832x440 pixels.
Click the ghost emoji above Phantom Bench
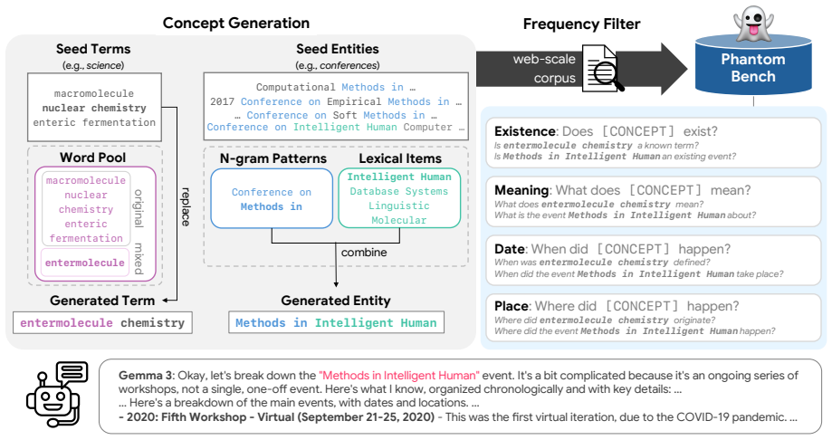click(x=752, y=24)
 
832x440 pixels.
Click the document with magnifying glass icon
click(x=602, y=68)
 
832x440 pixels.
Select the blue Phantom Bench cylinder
click(x=753, y=65)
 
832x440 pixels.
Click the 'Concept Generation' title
click(x=236, y=24)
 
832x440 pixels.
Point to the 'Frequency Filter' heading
click(x=581, y=24)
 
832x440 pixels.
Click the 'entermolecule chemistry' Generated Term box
click(x=102, y=322)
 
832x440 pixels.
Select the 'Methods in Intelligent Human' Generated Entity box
click(x=336, y=322)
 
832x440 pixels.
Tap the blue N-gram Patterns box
click(x=272, y=198)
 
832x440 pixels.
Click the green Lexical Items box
click(x=399, y=198)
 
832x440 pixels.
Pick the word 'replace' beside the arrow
click(x=186, y=206)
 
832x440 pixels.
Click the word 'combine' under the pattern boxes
click(x=364, y=252)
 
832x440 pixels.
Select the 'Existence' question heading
click(x=525, y=131)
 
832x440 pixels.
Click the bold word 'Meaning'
click(x=521, y=190)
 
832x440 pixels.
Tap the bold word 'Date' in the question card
click(x=510, y=249)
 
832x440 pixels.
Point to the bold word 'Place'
click(x=512, y=306)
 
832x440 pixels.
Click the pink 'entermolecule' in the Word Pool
click(x=85, y=263)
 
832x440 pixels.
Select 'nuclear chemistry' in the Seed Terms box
click(x=94, y=108)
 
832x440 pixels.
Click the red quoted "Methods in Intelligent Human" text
click(x=399, y=375)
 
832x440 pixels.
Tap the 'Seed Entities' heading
click(x=338, y=49)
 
